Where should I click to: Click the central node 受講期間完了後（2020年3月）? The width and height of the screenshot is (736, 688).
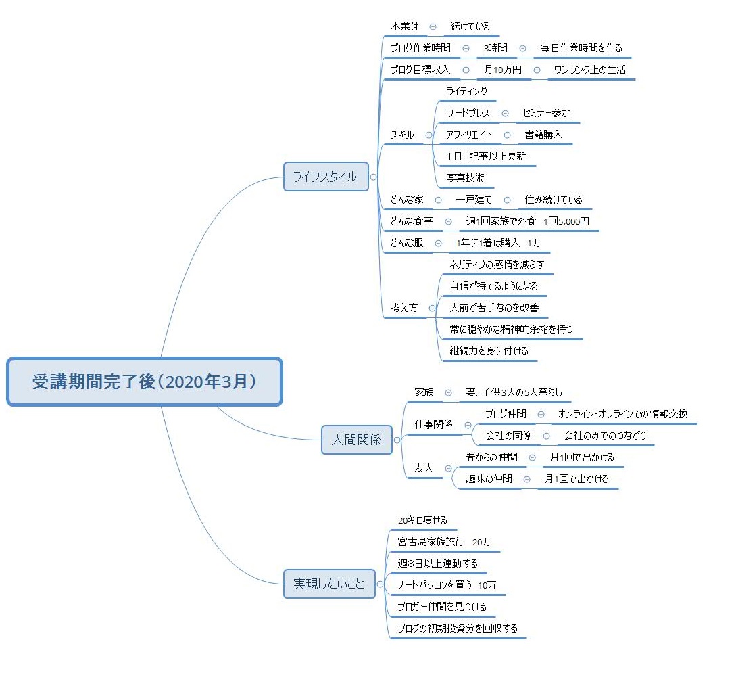click(145, 382)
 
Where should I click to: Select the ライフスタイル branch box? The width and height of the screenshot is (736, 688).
click(326, 177)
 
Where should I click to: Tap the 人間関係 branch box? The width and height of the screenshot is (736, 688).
click(357, 440)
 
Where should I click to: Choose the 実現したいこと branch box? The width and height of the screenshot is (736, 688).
click(330, 584)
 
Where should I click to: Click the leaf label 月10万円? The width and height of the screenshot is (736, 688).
click(503, 70)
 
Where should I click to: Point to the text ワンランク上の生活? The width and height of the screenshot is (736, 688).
click(590, 70)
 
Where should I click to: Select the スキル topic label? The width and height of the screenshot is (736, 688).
click(403, 135)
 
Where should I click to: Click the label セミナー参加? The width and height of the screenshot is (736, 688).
click(547, 113)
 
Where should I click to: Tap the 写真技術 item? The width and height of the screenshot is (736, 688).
click(465, 178)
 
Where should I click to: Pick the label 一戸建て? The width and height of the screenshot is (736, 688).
click(474, 200)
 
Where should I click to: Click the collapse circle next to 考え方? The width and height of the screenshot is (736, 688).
click(432, 308)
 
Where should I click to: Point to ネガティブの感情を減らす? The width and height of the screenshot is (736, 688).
click(497, 264)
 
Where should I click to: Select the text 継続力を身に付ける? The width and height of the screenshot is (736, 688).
click(489, 350)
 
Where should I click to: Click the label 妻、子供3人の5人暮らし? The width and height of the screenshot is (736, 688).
click(514, 392)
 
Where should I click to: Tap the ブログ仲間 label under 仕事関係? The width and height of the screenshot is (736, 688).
click(506, 413)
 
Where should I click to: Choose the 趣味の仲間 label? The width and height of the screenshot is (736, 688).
click(489, 478)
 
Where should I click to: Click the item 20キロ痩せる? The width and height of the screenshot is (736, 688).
click(422, 520)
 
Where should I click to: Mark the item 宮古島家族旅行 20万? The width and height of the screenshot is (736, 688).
click(444, 542)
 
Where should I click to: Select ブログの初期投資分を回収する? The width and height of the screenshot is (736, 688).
click(458, 628)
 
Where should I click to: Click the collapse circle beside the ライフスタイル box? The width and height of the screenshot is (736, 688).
click(373, 177)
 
